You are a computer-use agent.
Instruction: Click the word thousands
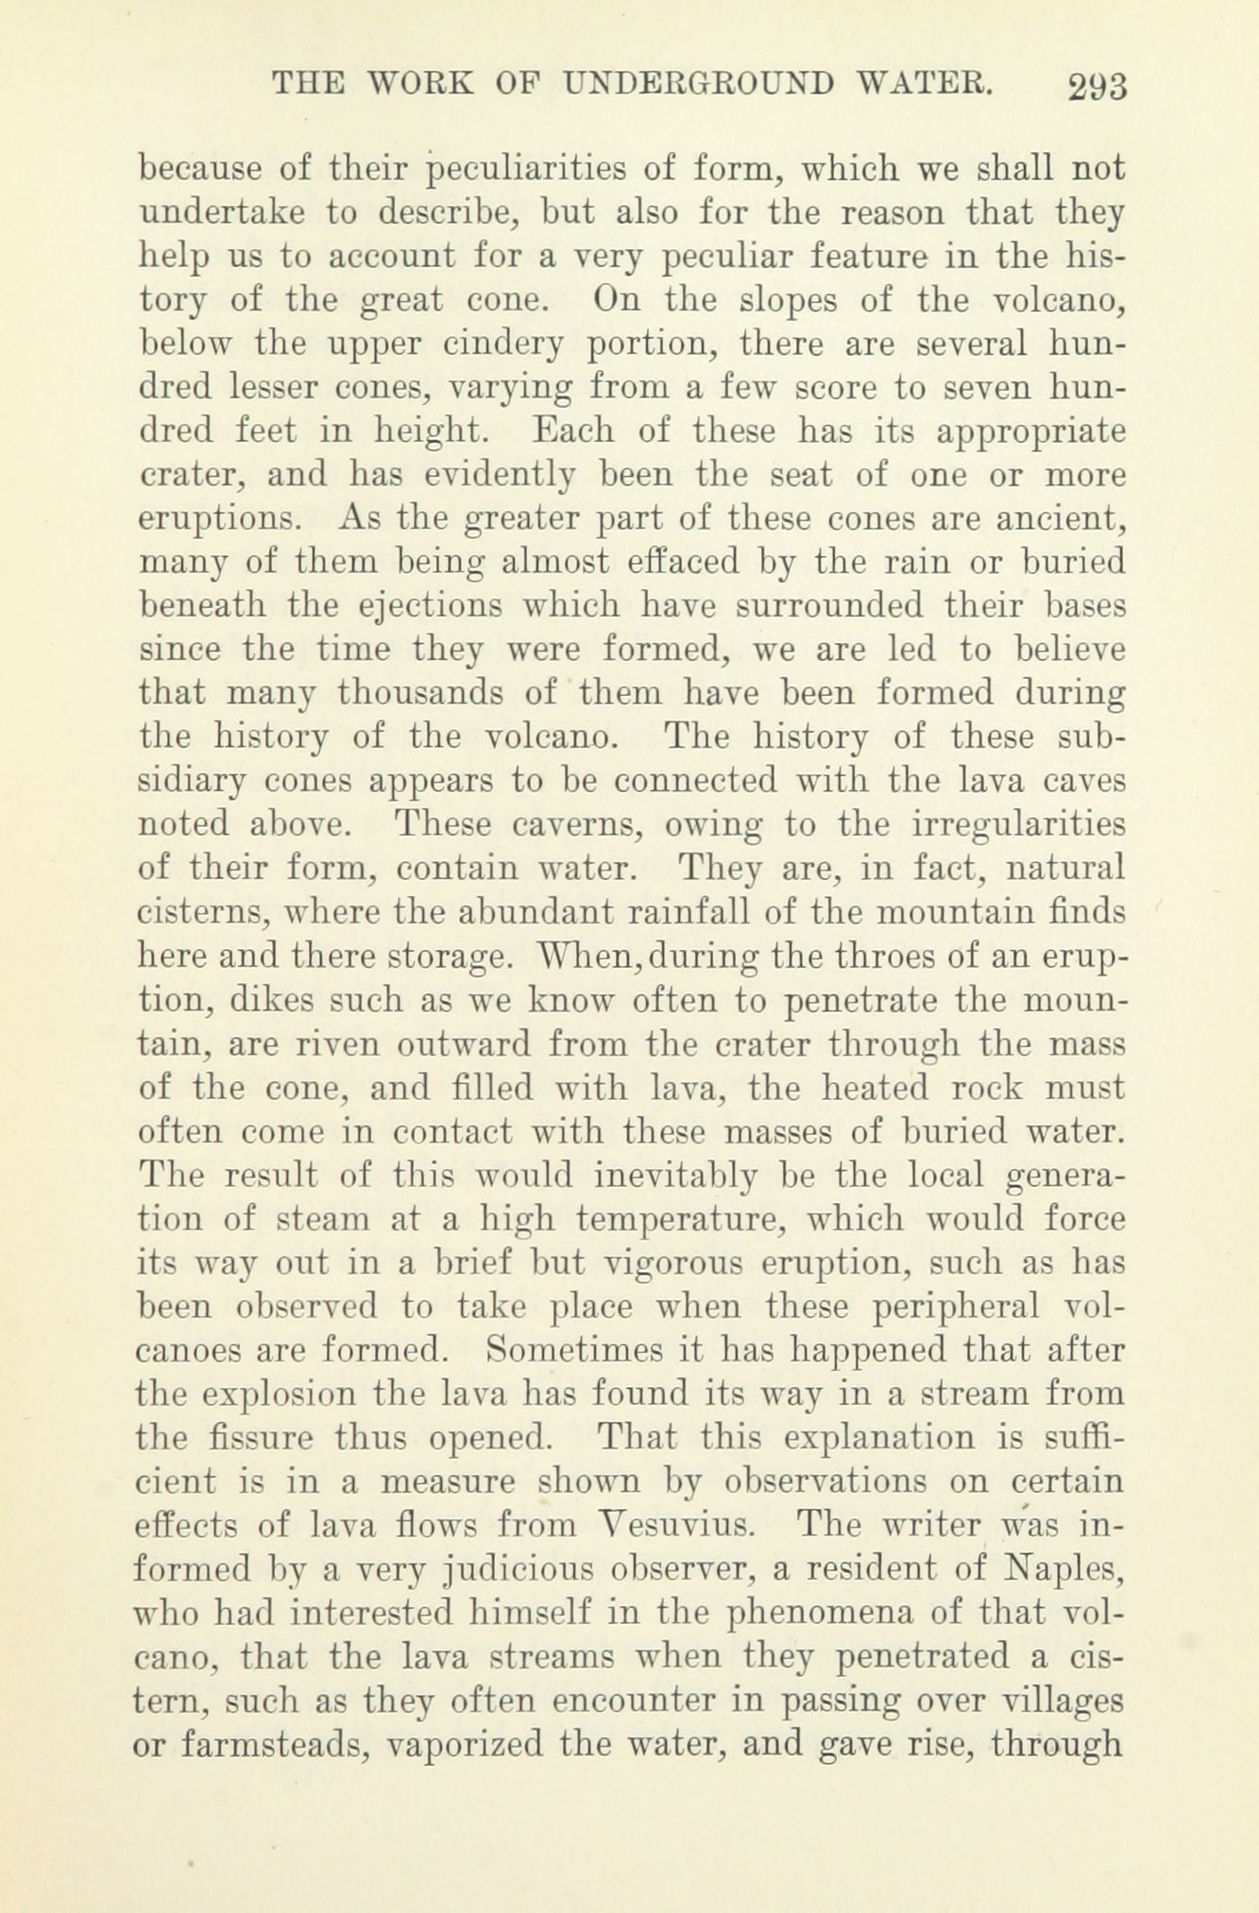tap(417, 694)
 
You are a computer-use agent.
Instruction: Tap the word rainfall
tap(630, 913)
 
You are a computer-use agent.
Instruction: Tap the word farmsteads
tap(259, 1743)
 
